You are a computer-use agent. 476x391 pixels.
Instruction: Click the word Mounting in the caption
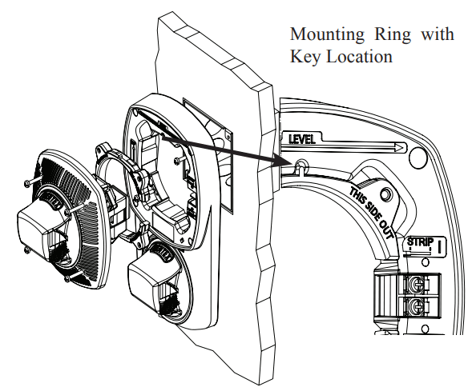327,34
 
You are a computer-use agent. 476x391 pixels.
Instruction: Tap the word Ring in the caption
393,34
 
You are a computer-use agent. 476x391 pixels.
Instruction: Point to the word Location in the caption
360,57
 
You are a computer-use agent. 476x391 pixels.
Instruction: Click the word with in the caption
438,34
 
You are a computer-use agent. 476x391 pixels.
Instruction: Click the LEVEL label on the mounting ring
302,139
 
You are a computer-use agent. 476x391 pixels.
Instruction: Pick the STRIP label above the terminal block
420,242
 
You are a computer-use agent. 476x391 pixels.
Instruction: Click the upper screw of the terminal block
415,284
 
